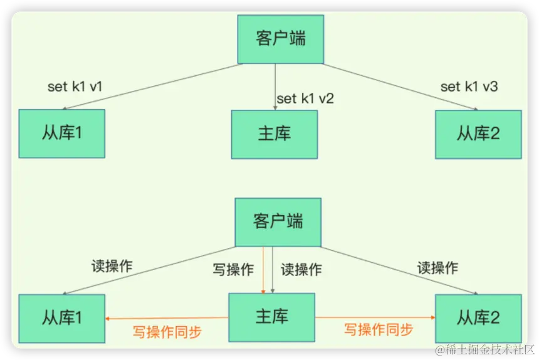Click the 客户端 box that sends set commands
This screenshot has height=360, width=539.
click(x=281, y=38)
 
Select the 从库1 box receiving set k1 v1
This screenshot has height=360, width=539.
click(x=62, y=134)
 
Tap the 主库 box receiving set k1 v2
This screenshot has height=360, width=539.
click(x=275, y=134)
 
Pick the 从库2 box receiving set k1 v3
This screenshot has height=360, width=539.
click(x=478, y=134)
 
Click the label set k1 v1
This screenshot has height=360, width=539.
click(x=75, y=87)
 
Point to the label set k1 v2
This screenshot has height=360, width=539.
click(x=305, y=98)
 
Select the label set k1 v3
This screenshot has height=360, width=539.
click(x=469, y=87)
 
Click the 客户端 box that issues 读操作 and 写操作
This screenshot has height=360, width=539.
click(x=278, y=222)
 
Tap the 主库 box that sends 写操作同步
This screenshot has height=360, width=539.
click(x=271, y=317)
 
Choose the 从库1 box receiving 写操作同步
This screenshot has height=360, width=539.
click(x=62, y=318)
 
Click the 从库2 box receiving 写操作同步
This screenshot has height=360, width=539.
click(x=478, y=318)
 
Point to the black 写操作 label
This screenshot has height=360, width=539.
click(x=233, y=270)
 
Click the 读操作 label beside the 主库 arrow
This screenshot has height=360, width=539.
click(x=301, y=270)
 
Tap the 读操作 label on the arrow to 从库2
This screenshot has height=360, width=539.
click(x=437, y=268)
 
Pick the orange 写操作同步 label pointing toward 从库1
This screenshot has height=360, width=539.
click(x=167, y=332)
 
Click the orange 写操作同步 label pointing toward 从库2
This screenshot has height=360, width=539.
click(x=379, y=329)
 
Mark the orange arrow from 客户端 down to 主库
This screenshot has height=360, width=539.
click(x=263, y=270)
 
